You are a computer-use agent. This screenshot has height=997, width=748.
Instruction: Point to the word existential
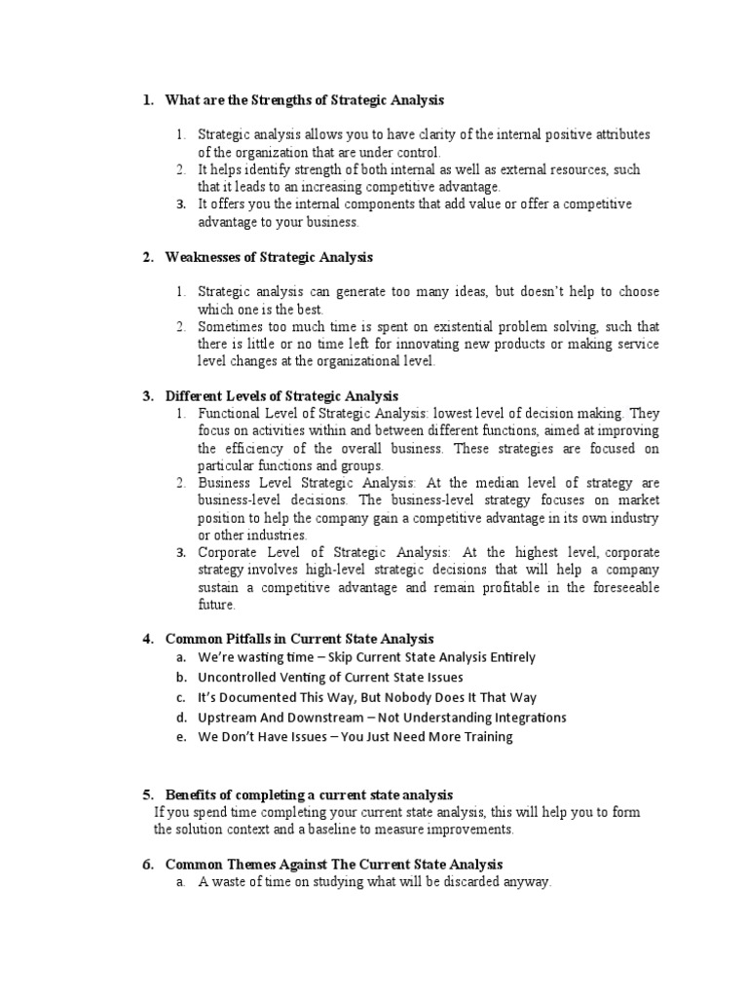pyautogui.click(x=421, y=326)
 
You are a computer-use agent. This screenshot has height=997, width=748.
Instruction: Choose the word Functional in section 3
pyautogui.click(x=231, y=413)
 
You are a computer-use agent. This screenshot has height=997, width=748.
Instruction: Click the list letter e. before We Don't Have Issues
pyautogui.click(x=181, y=737)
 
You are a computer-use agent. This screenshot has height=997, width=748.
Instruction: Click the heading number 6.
pyautogui.click(x=148, y=864)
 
